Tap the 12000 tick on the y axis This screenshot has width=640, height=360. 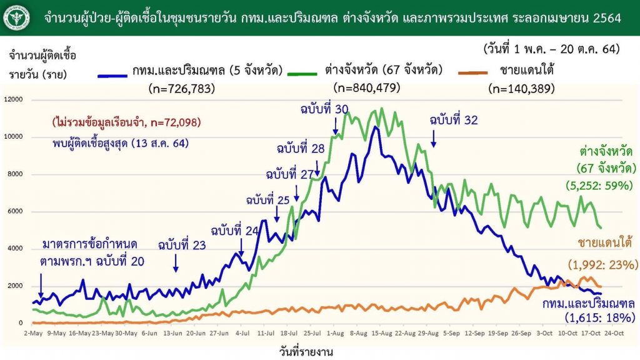tap(13, 99)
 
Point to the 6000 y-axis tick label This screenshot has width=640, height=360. tap(15, 211)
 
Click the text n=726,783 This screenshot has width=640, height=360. tap(182, 89)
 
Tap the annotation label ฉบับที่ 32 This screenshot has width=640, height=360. tap(454, 121)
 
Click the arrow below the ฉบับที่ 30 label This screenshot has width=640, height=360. tap(336, 127)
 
